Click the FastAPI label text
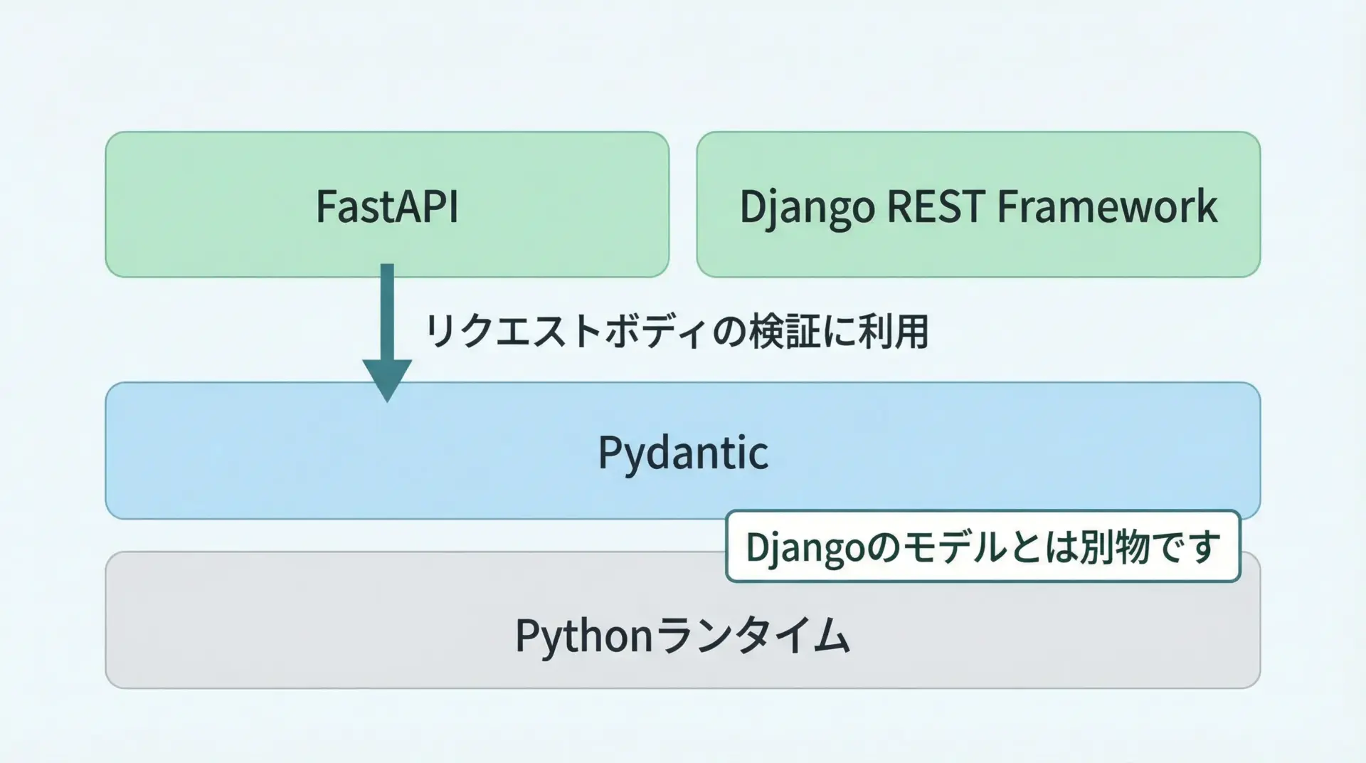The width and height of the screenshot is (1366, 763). pyautogui.click(x=387, y=206)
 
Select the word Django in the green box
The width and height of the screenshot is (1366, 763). pyautogui.click(x=807, y=207)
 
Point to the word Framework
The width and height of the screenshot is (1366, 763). pyautogui.click(x=1107, y=206)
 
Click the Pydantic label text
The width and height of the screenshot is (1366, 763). pyautogui.click(x=683, y=453)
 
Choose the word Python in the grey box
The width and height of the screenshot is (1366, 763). pyautogui.click(x=583, y=635)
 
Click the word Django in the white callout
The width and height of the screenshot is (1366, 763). pyautogui.click(x=805, y=547)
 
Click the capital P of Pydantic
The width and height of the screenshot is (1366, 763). pyautogui.click(x=609, y=453)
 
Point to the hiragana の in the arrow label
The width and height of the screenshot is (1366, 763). pyautogui.click(x=729, y=332)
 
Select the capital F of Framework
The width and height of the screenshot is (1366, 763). pyautogui.click(x=1007, y=206)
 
